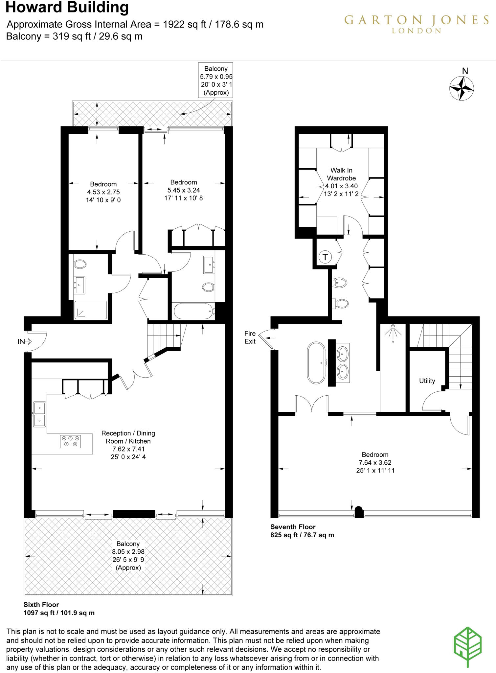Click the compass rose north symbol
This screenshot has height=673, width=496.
(461, 88)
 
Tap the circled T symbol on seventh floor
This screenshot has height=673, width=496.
(325, 257)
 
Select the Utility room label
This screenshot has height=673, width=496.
(427, 381)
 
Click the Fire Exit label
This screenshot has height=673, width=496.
(250, 337)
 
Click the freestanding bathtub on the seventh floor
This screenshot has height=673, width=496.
(316, 363)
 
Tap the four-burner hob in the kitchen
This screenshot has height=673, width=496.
(70, 441)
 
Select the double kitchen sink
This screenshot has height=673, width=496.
(39, 414)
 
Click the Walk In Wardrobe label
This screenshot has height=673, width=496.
(341, 174)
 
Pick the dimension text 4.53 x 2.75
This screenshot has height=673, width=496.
(103, 192)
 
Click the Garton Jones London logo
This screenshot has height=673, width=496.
(416, 24)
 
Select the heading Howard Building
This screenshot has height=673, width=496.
(67, 8)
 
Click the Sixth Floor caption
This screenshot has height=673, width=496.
(41, 605)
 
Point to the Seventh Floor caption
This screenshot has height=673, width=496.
(293, 527)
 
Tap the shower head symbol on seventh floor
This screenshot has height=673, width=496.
(393, 333)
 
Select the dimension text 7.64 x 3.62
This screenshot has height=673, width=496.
(375, 462)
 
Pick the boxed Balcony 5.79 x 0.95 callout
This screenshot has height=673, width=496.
(215, 80)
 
